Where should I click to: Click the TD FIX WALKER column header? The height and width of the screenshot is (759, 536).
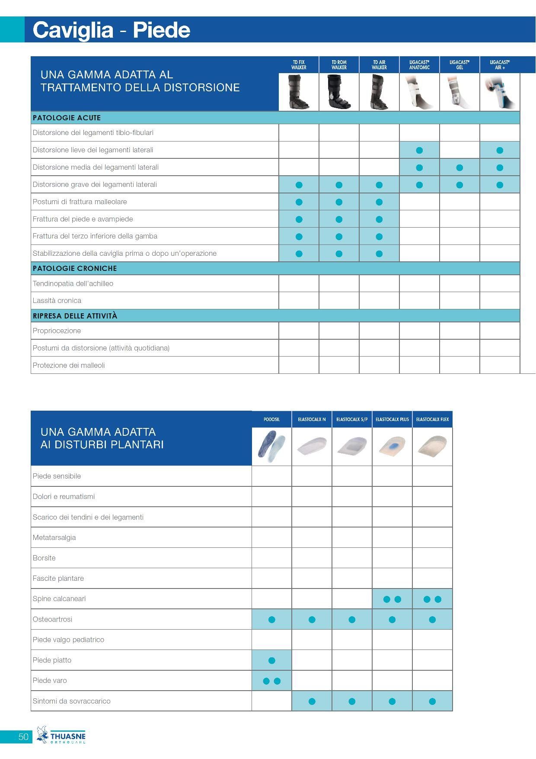click(299, 65)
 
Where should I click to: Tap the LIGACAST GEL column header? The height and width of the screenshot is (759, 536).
click(459, 65)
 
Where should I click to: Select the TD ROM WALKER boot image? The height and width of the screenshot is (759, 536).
click(339, 92)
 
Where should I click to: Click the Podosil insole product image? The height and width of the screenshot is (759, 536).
click(271, 447)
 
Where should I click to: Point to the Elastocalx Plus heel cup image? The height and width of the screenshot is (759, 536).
click(392, 447)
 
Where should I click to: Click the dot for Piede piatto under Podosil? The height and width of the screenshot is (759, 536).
click(272, 660)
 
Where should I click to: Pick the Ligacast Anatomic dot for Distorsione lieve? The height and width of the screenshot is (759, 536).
click(419, 151)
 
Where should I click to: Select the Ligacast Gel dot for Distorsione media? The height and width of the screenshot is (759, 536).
click(459, 167)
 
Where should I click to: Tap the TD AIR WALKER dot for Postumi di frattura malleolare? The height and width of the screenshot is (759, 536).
click(379, 202)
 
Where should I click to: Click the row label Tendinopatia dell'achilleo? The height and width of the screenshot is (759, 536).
click(73, 283)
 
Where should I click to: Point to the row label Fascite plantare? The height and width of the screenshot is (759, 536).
click(58, 578)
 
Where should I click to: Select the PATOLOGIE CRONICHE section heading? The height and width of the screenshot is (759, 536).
click(75, 268)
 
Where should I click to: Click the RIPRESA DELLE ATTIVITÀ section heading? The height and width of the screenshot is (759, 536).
click(75, 316)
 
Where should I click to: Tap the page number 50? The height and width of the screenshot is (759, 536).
click(23, 736)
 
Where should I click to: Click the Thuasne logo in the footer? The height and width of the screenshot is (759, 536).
click(61, 735)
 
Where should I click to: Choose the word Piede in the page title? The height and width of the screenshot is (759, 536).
click(161, 30)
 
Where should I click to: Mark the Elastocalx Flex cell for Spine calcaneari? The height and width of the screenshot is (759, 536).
click(432, 599)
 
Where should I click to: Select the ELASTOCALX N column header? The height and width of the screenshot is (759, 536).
click(312, 419)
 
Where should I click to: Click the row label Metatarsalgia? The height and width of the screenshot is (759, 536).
click(54, 537)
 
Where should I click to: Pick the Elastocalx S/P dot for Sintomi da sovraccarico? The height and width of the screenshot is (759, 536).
click(352, 701)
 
